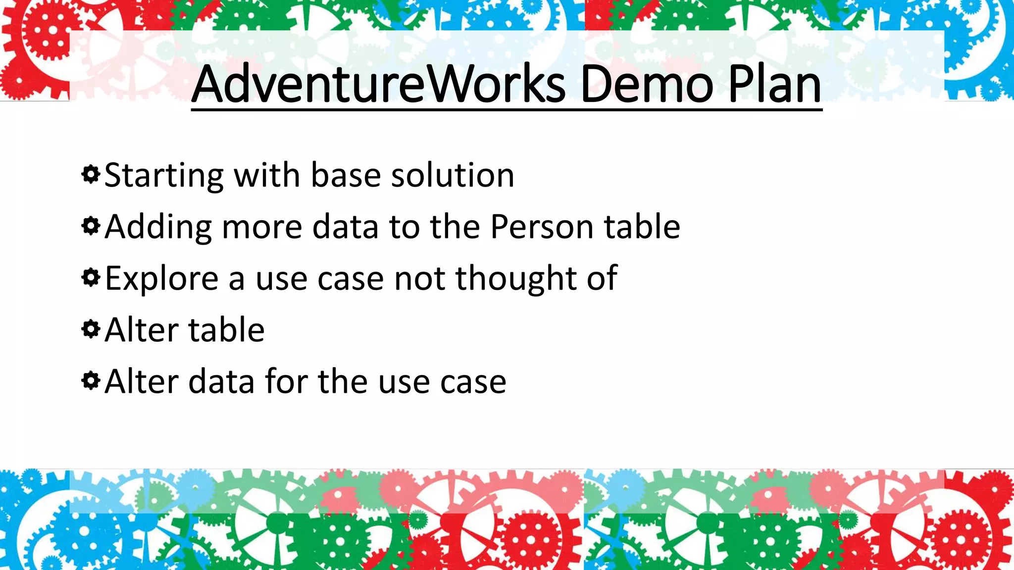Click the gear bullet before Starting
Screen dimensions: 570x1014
click(x=91, y=175)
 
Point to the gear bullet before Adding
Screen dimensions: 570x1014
click(x=91, y=226)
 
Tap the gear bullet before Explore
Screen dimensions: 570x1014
click(x=91, y=278)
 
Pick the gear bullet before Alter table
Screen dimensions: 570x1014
click(x=91, y=329)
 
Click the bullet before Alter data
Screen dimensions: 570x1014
click(x=91, y=380)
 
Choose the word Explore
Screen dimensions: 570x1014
click(x=161, y=279)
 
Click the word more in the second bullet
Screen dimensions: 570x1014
click(x=261, y=228)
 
